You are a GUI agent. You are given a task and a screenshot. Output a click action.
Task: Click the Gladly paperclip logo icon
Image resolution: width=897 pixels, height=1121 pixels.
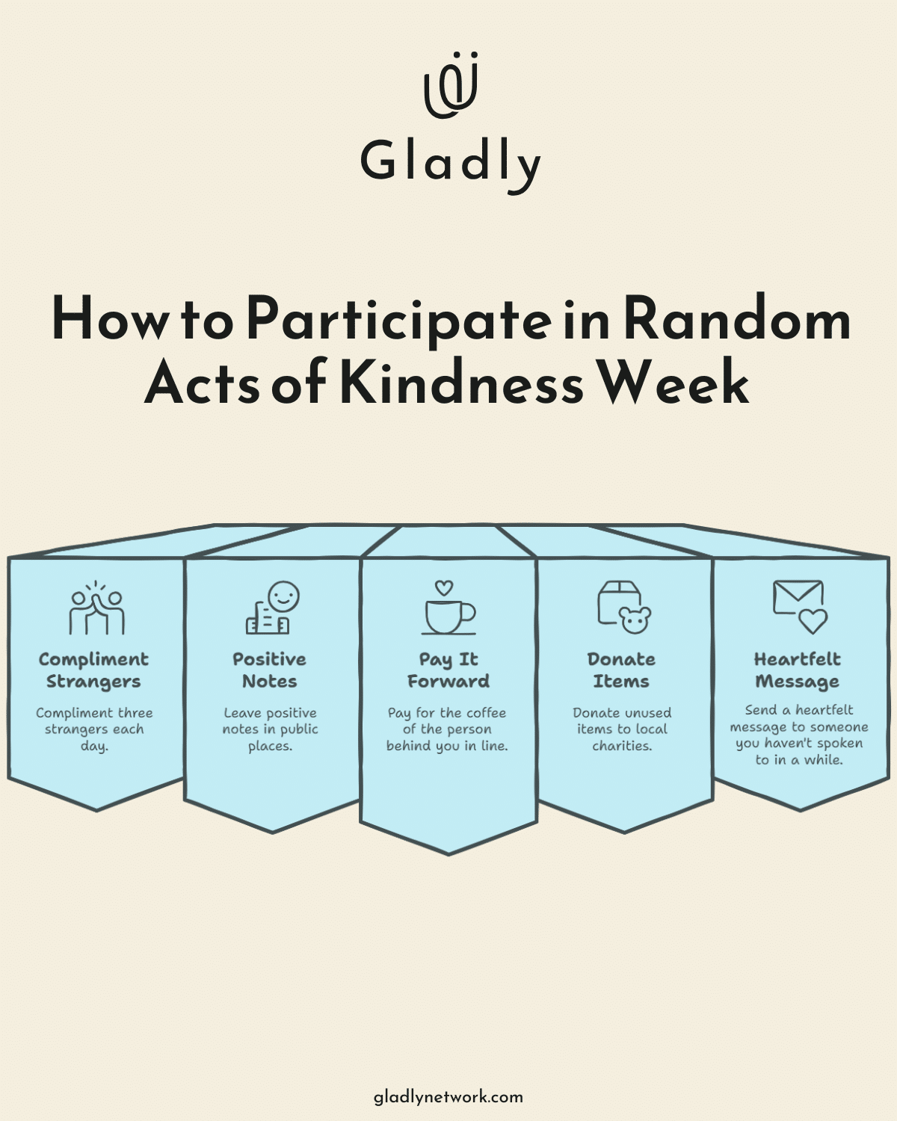[x=451, y=85]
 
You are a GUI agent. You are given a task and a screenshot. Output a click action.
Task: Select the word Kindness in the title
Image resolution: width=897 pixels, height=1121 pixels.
[x=461, y=383]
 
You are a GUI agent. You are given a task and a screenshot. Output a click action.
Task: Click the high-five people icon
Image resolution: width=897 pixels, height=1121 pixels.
[x=96, y=609]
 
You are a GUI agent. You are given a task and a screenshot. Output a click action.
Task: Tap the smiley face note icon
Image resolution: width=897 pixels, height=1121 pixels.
[x=273, y=608]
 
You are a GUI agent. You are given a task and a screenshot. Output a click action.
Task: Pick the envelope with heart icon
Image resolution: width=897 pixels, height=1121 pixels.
[x=799, y=607]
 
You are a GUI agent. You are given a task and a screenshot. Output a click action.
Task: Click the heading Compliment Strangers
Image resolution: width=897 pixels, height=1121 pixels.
[x=93, y=670]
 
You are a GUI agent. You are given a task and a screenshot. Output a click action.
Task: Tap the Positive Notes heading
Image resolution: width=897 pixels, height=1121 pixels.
[x=269, y=670]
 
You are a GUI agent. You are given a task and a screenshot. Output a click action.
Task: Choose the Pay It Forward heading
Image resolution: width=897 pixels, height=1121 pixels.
[x=449, y=670]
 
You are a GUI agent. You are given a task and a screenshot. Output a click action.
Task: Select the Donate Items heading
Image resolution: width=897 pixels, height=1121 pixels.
[x=621, y=670]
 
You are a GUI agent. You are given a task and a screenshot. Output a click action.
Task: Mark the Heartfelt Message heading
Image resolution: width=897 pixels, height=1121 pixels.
[x=798, y=670]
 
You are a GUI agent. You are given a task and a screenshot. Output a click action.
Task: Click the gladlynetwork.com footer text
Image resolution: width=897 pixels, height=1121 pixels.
[x=449, y=1097]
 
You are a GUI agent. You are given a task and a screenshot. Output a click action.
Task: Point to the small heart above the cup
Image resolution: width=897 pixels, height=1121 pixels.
[x=444, y=588]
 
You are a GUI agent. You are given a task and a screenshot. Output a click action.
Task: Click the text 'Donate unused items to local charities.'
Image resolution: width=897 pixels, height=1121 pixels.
[x=622, y=729]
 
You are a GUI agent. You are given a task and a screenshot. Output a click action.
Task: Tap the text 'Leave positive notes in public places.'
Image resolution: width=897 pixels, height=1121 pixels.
[x=270, y=729]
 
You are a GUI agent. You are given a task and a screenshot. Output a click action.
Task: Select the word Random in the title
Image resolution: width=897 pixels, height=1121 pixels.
[x=736, y=320]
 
